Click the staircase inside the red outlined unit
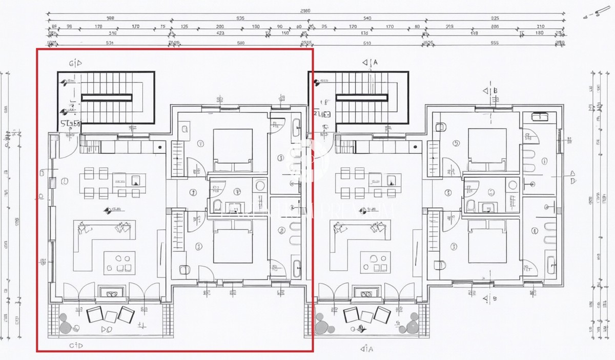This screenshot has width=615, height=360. coord(107,97)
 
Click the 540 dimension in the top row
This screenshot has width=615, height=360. coord(367,18)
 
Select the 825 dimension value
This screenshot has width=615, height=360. coord(496,18)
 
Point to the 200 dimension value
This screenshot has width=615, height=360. coord(220,26)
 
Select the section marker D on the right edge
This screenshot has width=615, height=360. coord(572,181)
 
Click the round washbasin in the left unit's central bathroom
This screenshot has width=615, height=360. coord(260,186)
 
